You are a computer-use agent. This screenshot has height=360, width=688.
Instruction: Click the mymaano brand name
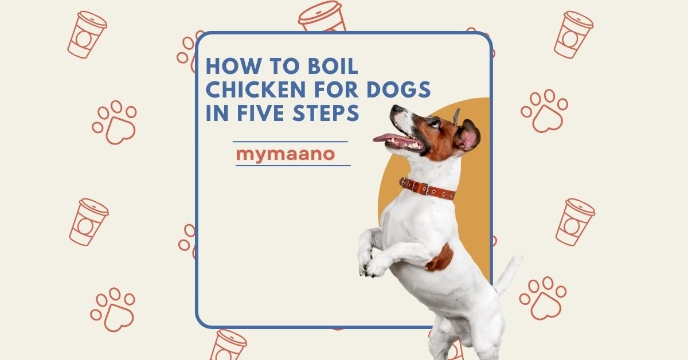point(286,154)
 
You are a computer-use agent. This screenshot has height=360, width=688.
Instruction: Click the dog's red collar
point(427,189)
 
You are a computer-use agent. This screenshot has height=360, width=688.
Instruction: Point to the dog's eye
point(433,123)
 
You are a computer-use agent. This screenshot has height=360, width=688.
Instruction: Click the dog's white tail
point(507,275)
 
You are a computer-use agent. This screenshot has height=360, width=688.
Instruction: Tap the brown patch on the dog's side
point(440,259)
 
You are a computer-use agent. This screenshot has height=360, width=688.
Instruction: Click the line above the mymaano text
point(290,141)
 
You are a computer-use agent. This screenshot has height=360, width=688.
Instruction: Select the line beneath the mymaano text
point(292,166)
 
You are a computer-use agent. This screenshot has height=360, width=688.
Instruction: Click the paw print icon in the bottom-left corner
point(112,310)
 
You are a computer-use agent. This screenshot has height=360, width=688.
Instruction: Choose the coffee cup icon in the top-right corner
point(573,34)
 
